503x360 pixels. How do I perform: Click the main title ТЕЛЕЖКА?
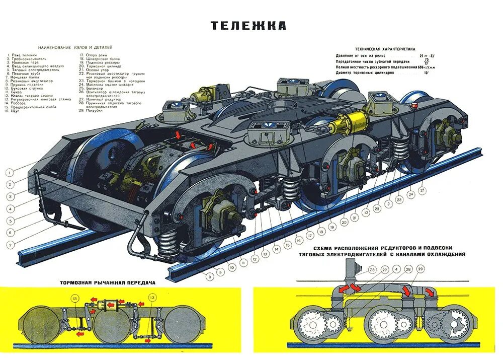(248, 26)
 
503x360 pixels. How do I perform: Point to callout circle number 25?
(422, 190)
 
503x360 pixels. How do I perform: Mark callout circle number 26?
(372, 270)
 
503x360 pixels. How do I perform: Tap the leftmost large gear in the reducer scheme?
(310, 325)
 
